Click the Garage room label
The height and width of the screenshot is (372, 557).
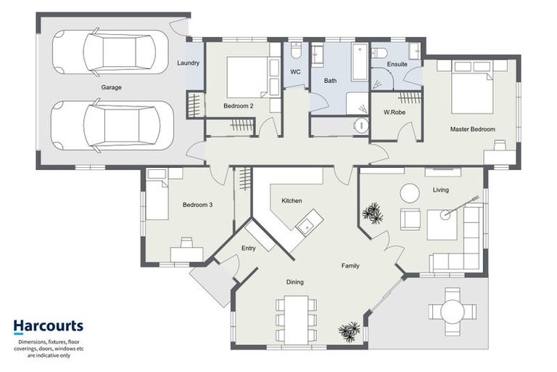tap(111, 87)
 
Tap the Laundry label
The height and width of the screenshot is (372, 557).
tap(188, 63)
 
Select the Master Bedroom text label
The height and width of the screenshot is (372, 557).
tap(472, 129)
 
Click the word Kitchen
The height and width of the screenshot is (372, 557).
tap(292, 201)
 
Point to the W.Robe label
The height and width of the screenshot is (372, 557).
tap(395, 112)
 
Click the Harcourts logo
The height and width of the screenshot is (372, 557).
tap(49, 326)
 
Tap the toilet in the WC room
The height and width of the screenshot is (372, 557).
tap(296, 51)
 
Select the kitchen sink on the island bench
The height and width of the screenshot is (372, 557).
tap(305, 225)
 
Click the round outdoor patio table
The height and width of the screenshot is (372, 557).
tap(453, 312)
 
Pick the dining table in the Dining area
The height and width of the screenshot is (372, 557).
tap(296, 320)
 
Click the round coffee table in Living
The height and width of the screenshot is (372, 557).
tap(410, 193)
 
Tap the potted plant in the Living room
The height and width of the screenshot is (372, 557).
tap(373, 213)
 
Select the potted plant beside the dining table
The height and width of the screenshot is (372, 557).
tap(349, 332)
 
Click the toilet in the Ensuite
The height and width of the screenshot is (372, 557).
tap(379, 53)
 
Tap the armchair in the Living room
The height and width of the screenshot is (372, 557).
tap(410, 219)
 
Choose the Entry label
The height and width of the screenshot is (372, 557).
tap(248, 248)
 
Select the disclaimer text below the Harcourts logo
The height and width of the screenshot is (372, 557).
tap(49, 349)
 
